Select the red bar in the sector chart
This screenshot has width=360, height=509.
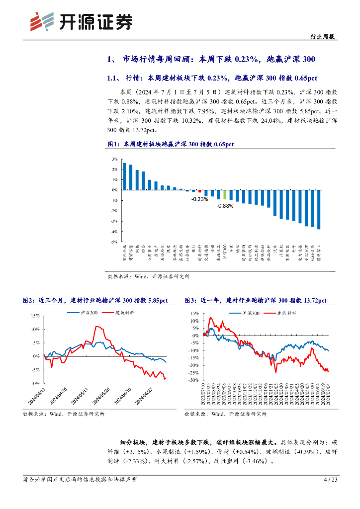[x=199, y=191]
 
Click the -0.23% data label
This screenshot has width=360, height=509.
[x=199, y=199]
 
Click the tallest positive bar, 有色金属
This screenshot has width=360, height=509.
[x=124, y=176]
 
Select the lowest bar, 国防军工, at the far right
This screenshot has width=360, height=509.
[x=318, y=209]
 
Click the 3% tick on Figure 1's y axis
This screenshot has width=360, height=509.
[x=114, y=159]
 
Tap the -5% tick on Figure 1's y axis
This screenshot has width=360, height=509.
[x=114, y=242]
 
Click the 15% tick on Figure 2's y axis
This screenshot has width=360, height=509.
[x=35, y=316]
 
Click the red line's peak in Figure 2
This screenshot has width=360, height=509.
[x=97, y=326]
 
